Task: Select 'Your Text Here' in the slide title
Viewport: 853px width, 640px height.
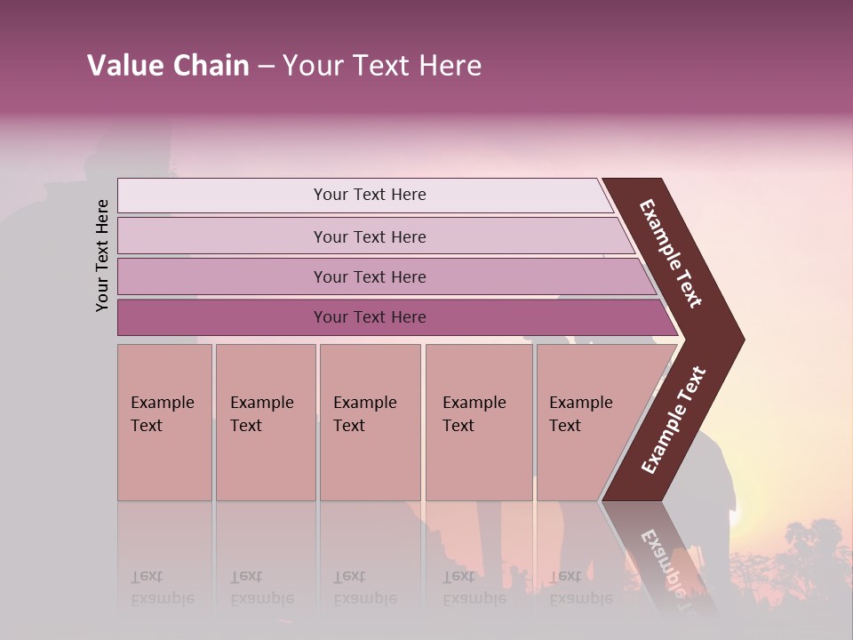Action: pos(382,66)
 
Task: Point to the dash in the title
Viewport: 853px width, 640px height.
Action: pos(266,67)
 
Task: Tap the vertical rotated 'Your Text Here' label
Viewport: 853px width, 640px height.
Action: pos(102,255)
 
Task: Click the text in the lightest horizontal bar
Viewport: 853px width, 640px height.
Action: pos(370,195)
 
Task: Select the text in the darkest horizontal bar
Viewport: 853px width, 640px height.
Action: pos(370,317)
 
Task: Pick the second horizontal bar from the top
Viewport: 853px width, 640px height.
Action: pos(370,236)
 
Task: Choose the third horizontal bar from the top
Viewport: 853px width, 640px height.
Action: pos(370,277)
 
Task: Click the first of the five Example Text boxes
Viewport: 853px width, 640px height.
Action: pos(164,421)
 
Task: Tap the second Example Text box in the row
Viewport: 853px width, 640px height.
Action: pos(265,421)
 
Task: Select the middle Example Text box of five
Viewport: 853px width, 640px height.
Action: pos(370,421)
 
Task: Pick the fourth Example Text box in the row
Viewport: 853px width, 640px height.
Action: pos(478,421)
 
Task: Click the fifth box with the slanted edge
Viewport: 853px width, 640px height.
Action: pos(586,421)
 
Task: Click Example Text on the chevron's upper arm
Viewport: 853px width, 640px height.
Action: pos(672,253)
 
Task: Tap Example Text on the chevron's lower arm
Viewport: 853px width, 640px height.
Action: pos(673,420)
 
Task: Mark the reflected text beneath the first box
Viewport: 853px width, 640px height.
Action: pos(163,588)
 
